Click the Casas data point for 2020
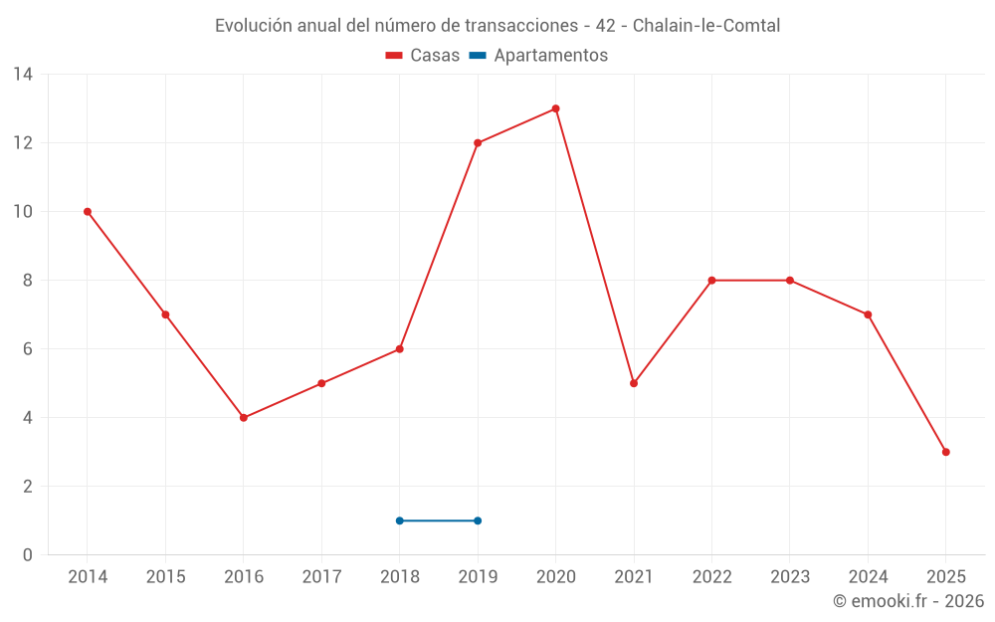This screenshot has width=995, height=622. point(555,108)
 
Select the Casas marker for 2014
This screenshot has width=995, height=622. point(88,212)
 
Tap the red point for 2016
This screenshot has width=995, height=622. point(244,418)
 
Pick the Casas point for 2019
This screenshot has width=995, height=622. point(478,143)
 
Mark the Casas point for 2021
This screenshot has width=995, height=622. point(634,383)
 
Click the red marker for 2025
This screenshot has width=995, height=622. point(945,452)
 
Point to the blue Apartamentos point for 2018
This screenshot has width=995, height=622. point(400,520)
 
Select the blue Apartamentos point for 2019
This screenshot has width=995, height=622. point(478,520)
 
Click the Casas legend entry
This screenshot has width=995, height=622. point(423,56)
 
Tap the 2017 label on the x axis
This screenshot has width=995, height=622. point(321,577)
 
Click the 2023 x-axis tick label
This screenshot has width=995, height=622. point(790,577)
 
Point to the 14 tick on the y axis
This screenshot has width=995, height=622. point(23,75)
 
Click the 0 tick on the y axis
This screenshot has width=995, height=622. point(28,555)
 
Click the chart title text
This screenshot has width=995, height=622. point(497,26)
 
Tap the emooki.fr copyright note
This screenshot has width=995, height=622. point(908,601)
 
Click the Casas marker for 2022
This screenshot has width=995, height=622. point(711,281)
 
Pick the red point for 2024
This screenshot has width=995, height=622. point(868,314)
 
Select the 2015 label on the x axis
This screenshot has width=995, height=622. point(165,577)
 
